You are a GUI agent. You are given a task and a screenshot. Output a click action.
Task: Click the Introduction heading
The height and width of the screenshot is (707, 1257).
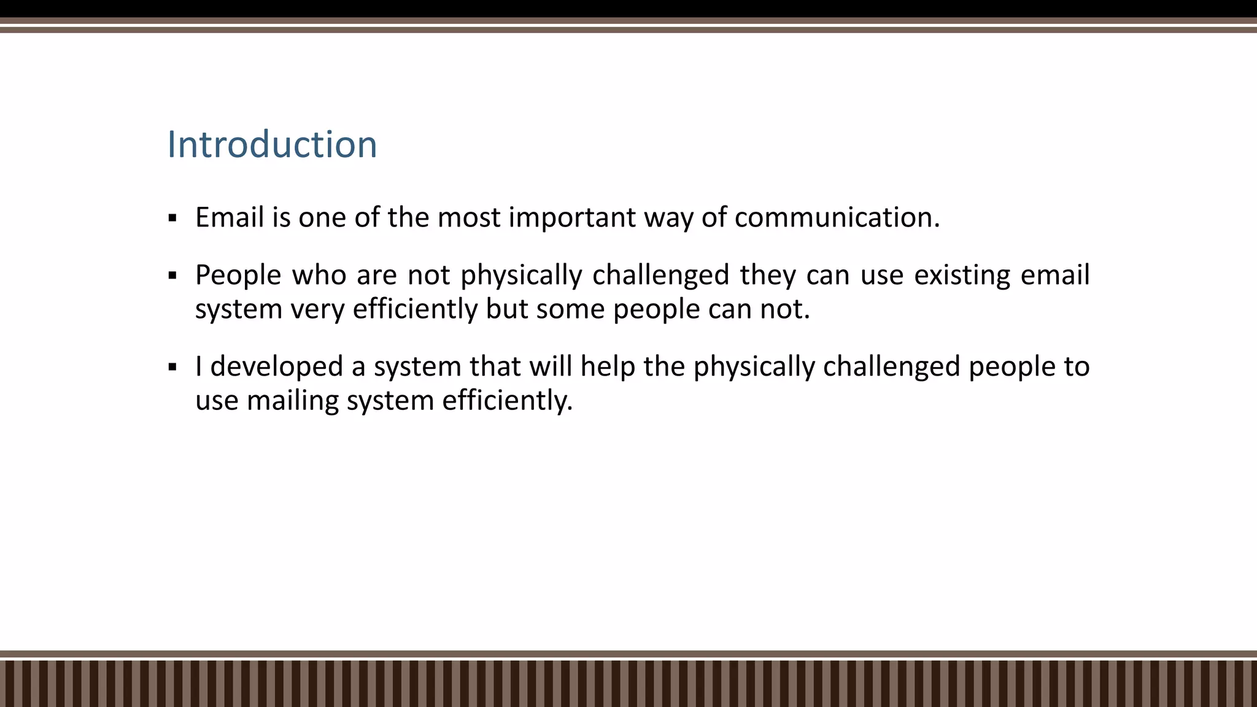272,145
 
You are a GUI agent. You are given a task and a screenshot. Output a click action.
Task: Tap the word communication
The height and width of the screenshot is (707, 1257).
837,218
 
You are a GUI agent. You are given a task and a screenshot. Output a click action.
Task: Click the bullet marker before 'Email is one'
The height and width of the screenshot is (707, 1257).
172,218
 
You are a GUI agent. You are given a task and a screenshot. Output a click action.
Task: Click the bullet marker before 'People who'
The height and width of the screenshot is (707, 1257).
172,276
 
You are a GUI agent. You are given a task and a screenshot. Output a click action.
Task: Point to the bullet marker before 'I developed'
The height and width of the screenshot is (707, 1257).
172,368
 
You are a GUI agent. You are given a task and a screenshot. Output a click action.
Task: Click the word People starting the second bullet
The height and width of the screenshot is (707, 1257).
238,276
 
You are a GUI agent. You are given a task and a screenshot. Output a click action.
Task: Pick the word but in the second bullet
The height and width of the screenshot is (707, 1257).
506,309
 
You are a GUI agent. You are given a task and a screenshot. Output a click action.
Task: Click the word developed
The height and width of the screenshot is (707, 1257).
276,367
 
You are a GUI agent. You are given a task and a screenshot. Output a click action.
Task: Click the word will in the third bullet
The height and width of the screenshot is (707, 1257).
551,367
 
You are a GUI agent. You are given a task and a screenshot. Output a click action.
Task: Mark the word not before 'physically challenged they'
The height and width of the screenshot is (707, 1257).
429,276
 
